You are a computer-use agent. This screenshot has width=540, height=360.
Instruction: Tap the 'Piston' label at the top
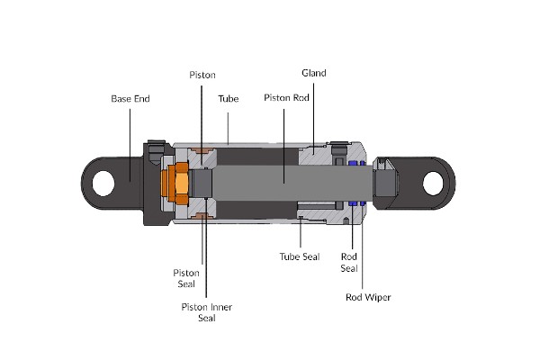coord(202,74)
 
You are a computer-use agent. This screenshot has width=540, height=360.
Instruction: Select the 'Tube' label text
coord(228,97)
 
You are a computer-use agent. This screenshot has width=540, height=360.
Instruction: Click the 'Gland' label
coord(314,73)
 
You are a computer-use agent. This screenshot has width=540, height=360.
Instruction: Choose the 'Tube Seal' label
coord(299,256)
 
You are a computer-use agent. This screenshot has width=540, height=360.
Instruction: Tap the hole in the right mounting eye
coord(436,180)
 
